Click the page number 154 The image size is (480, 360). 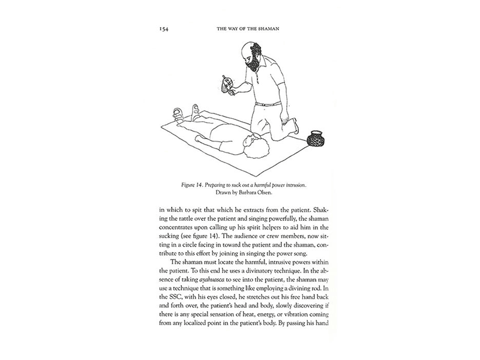click(164, 28)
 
